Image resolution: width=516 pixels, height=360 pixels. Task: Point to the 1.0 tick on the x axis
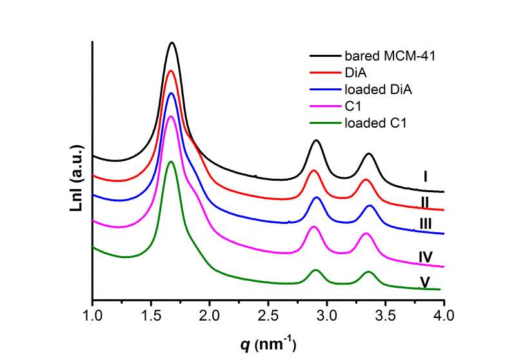[93, 315]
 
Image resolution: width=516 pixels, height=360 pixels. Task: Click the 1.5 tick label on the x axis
[152, 315]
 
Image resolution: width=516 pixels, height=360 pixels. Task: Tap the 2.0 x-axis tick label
[210, 315]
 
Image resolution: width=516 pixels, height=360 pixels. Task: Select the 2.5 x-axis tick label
[269, 315]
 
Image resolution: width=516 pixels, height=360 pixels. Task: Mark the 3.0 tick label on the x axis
[328, 315]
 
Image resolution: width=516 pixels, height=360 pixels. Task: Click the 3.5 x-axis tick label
[386, 315]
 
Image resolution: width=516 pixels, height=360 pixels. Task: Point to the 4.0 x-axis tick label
[444, 315]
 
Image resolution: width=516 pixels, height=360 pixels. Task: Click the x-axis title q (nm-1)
[268, 343]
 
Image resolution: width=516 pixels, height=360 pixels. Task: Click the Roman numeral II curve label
[425, 202]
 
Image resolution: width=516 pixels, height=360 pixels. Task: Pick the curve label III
[425, 224]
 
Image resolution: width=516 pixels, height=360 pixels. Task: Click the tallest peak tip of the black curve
[172, 43]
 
